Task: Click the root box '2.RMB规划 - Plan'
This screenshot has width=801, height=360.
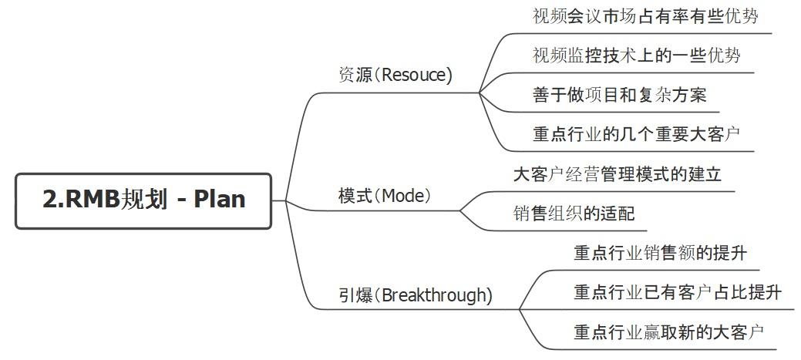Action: (x=143, y=200)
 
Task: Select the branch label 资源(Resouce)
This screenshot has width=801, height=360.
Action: (x=395, y=75)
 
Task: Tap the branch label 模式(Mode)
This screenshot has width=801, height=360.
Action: (x=385, y=195)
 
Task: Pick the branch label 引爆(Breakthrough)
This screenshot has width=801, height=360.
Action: (x=416, y=295)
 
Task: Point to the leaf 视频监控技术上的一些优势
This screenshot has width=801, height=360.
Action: (x=636, y=56)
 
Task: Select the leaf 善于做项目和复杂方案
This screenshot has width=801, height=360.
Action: (x=619, y=95)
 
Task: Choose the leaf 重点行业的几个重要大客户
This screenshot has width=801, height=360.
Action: (x=636, y=134)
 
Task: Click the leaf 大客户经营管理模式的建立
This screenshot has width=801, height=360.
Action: (x=617, y=174)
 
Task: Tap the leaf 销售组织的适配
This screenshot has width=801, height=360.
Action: (x=574, y=214)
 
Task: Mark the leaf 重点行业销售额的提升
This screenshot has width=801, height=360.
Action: (x=660, y=253)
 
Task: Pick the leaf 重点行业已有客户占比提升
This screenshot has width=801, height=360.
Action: (x=678, y=293)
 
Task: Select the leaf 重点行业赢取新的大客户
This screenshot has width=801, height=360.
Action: (x=668, y=332)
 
